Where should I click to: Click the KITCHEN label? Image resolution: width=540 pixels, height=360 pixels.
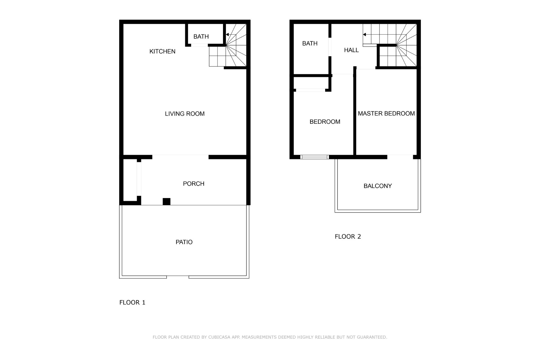162,51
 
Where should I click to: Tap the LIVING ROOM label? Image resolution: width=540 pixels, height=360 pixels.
184,114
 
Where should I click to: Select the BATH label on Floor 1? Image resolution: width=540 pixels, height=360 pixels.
201,37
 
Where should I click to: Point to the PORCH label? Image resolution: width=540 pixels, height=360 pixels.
193,184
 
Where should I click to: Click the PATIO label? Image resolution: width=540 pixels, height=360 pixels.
184,242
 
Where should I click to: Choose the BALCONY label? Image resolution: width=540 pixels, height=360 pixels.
378,186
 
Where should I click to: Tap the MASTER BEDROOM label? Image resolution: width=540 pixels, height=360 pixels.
386,114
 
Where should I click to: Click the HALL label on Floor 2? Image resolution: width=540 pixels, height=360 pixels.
351,50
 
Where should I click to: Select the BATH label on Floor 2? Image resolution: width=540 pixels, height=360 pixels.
310,43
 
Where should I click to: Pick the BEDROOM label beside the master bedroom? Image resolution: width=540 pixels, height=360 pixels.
325,122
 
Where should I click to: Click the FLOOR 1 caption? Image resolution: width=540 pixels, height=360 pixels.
132,302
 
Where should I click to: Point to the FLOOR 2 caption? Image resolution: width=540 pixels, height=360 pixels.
348,237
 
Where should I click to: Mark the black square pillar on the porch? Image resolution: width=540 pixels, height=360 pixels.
166,202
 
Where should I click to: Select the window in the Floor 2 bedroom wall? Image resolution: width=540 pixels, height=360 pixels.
315,157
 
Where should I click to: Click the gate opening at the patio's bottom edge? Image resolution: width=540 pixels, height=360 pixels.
178,277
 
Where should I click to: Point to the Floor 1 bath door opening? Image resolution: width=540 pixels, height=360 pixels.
199,45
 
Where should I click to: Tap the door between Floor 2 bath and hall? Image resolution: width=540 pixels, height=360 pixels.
330,47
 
